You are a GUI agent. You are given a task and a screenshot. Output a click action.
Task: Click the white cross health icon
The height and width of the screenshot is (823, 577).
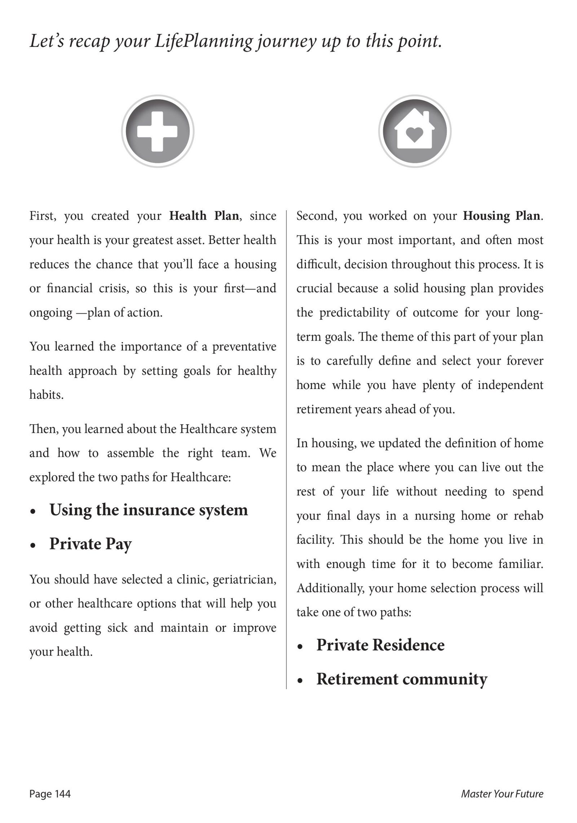pos(158,131)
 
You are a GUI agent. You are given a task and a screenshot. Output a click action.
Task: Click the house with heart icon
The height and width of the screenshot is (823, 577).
pos(414,131)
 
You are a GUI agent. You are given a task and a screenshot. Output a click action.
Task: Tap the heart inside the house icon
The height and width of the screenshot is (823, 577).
pos(414,135)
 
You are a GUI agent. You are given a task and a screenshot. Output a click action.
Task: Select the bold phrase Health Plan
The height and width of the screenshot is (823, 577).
pos(204,216)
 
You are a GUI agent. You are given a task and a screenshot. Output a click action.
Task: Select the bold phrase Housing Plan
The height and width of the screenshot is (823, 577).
pos(502,216)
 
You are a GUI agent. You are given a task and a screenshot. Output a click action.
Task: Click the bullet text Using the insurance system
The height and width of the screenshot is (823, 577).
pos(149,510)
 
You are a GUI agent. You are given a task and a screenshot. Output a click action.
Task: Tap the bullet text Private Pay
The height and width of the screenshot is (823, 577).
pos(91,544)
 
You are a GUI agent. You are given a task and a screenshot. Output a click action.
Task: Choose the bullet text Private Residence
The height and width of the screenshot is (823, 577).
pos(380,645)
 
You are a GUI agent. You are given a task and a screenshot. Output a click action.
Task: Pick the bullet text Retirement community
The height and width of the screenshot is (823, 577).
pos(402,679)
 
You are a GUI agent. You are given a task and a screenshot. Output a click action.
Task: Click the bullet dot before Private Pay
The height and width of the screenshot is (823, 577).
pos(33,545)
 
